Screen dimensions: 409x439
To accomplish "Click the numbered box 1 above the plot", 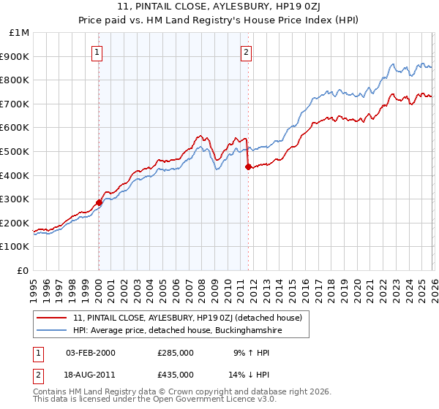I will [x=97, y=52].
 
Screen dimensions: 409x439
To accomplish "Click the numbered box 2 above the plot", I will [x=247, y=52].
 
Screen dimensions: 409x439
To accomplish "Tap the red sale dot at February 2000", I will [x=99, y=202].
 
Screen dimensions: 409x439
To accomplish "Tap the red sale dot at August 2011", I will [x=248, y=167].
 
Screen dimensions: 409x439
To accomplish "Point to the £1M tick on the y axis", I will [x=20, y=33].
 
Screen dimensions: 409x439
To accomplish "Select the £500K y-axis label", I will [x=16, y=151].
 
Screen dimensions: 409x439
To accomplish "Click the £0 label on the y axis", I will [x=23, y=270].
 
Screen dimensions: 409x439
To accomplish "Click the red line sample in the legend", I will [x=52, y=317].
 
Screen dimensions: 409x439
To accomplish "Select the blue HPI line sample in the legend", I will [x=52, y=331].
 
